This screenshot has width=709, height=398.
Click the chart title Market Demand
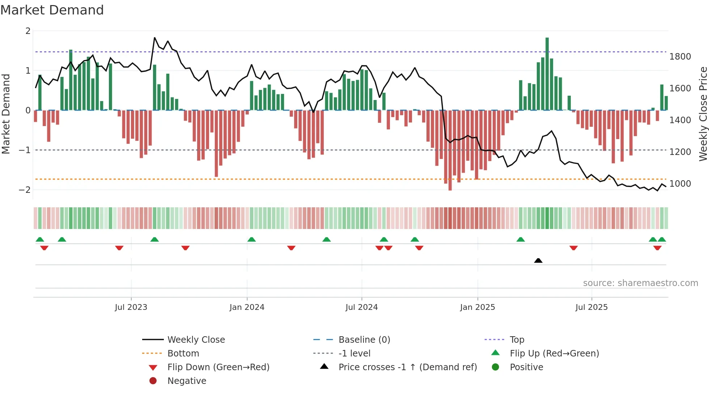tap(52, 10)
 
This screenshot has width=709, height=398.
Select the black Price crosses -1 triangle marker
tap(538, 260)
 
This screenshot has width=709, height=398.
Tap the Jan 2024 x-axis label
tap(247, 307)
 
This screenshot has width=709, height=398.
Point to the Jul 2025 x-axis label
tap(591, 307)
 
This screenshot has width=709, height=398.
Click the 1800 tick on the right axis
tap(680, 57)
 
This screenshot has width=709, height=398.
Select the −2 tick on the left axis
tap(25, 190)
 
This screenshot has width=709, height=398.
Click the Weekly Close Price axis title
tap(703, 114)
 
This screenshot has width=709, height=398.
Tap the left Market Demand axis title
tap(6, 114)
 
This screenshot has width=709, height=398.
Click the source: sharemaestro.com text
tap(640, 283)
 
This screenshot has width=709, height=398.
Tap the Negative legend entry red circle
tap(153, 381)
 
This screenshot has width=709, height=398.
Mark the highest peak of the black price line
tap(155, 38)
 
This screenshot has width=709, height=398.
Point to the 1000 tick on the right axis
tap(680, 184)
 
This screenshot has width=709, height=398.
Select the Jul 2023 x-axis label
tap(131, 307)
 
